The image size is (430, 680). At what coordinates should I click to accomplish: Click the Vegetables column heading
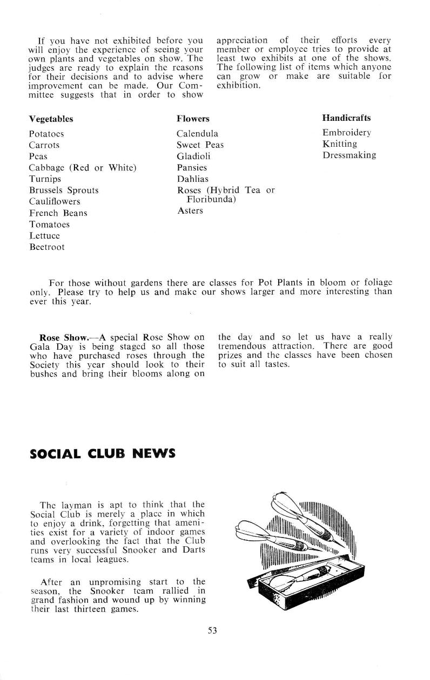tap(51, 119)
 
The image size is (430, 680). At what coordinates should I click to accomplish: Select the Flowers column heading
tap(193, 119)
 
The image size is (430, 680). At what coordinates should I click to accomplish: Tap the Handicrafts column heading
tap(346, 118)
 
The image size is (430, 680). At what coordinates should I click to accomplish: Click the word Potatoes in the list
tap(46, 134)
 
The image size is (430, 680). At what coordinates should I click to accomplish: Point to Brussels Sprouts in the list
tap(64, 191)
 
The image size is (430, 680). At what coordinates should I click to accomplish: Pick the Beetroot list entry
tap(46, 247)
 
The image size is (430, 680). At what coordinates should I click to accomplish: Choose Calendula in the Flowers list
tap(197, 134)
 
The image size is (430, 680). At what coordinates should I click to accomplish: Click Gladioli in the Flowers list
tap(193, 157)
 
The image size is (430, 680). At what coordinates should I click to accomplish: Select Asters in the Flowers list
tap(190, 210)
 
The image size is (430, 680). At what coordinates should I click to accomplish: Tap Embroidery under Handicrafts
tap(346, 133)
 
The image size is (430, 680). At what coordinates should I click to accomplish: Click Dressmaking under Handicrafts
tap(349, 155)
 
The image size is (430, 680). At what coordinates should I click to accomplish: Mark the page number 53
tap(212, 630)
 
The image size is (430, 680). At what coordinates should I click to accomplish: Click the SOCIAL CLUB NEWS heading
tap(102, 453)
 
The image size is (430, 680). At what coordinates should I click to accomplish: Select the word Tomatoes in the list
tap(49, 225)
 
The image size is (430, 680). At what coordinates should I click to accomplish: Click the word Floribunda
tap(210, 199)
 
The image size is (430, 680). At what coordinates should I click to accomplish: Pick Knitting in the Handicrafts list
tap(340, 144)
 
